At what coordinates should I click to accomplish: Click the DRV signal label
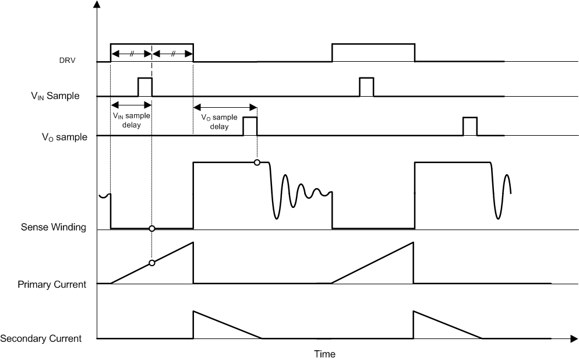point(68,61)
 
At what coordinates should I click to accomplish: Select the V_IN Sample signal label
point(55,96)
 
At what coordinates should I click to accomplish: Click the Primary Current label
point(52,284)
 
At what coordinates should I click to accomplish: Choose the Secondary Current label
point(41,338)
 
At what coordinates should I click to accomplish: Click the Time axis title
point(324,354)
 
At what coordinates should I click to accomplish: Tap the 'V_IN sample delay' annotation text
point(131,120)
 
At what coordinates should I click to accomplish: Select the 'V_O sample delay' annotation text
point(219,121)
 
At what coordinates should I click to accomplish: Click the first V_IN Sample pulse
point(144,86)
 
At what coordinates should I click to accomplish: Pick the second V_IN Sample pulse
point(366,86)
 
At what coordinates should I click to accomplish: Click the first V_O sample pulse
point(250,126)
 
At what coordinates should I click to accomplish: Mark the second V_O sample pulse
point(469,126)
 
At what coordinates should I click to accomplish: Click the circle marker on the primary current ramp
point(152,263)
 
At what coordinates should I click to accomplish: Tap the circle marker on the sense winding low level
point(152,228)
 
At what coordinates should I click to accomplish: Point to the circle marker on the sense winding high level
point(257,163)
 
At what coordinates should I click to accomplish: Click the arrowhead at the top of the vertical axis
point(97,6)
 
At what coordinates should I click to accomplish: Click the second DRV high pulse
point(373,44)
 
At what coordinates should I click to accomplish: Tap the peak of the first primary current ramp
point(193,242)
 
